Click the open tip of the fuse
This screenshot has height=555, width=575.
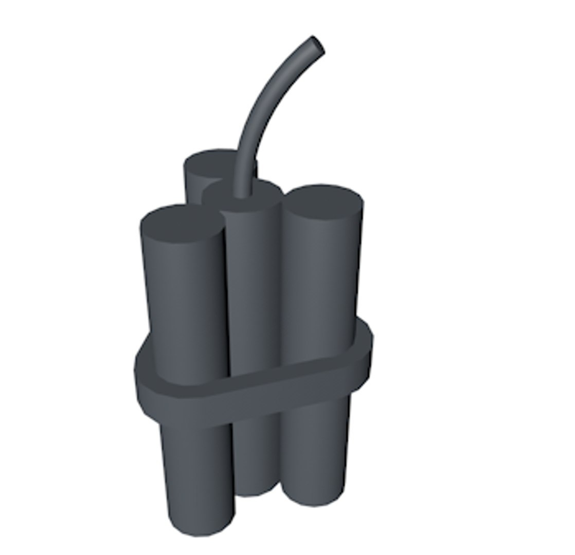pos(317,44)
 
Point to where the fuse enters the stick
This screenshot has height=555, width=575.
pos(241,194)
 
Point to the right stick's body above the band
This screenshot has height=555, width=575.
pos(319,277)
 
